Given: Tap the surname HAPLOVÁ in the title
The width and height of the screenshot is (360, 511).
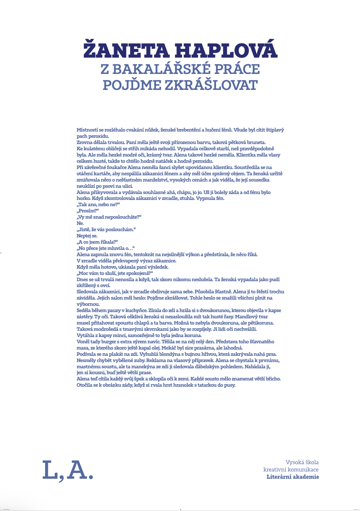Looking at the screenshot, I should pos(226,50).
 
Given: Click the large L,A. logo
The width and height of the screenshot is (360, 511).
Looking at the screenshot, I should pos(68,471).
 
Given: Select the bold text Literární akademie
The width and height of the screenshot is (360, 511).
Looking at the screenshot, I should pos(293,477).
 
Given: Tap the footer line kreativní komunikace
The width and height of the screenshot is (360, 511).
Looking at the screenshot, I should pos(291,470).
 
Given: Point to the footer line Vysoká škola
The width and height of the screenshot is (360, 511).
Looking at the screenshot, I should pos(302,462).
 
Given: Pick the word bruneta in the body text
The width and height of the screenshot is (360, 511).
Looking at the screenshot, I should pos(256,142).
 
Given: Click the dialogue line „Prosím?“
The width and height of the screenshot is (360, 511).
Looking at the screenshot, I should pos(88,211).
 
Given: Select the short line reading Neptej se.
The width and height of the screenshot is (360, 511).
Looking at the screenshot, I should pos(87,236).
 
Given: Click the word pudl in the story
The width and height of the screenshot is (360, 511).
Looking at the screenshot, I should pos(274,279).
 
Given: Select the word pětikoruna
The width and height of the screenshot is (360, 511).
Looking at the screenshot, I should pos(260,323).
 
